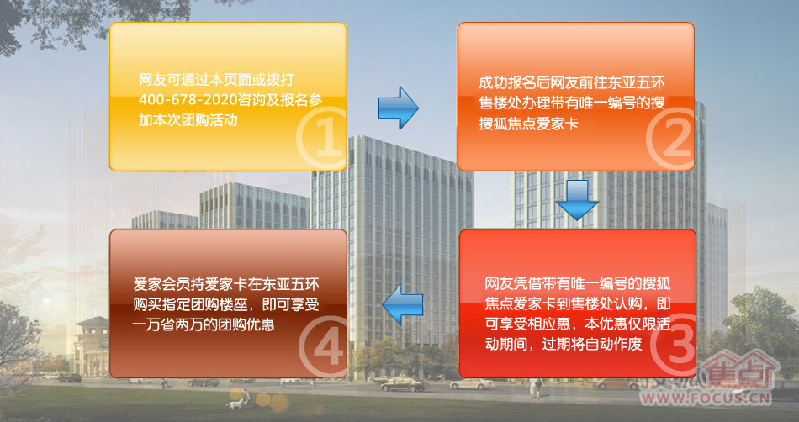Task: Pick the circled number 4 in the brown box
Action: [323, 344]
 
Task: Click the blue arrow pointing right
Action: [398, 108]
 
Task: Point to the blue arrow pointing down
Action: [577, 200]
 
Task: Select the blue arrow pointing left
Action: [403, 304]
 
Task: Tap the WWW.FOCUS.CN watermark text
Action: [706, 397]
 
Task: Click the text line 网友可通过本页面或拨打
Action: [216, 81]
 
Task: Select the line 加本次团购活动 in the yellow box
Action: [188, 121]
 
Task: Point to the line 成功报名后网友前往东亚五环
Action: [572, 83]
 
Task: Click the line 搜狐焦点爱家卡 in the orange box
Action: [528, 124]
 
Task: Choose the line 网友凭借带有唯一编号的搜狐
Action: [578, 283]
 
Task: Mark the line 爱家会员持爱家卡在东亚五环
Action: [226, 284]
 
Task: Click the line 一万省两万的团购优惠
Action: [204, 324]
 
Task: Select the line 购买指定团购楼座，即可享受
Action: [226, 304]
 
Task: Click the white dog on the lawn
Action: [235, 404]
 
